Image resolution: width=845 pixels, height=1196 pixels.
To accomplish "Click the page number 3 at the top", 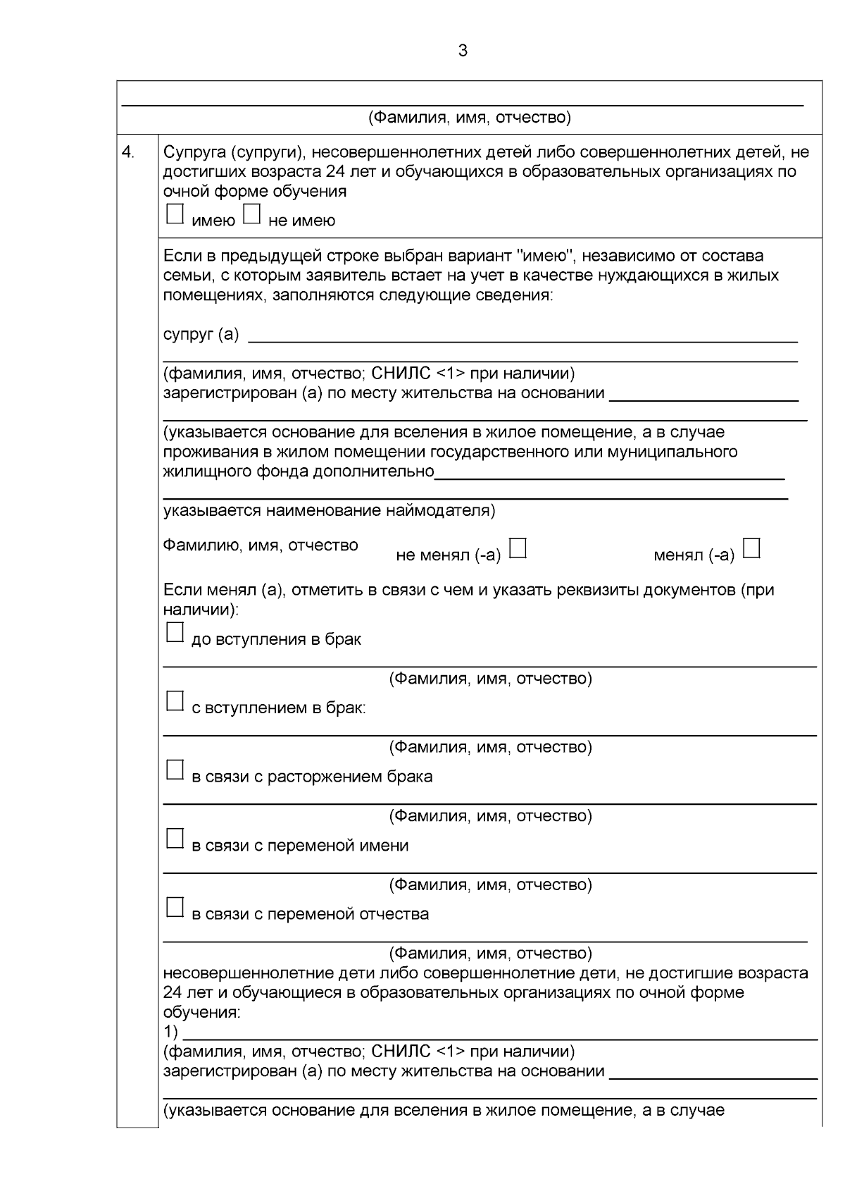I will (463, 51).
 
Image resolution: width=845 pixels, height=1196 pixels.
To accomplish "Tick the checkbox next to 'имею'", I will (175, 214).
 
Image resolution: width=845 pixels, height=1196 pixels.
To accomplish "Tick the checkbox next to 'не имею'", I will (251, 214).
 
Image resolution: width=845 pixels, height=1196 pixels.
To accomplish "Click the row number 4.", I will (128, 152).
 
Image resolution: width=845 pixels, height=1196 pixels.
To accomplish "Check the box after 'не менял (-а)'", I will (518, 548).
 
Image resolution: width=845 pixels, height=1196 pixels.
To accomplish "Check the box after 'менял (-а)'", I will (752, 548).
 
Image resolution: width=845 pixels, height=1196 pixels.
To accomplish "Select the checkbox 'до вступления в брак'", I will (175, 632).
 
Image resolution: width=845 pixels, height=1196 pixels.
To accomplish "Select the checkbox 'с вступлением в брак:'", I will (175, 701).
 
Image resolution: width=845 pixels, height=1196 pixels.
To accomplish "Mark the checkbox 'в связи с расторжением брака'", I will (175, 770).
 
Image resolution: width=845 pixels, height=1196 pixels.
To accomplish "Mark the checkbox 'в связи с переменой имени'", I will (175, 838).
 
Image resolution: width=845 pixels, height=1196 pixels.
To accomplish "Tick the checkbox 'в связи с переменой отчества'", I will (175, 907).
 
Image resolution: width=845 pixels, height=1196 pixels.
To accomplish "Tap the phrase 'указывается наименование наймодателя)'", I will (329, 510).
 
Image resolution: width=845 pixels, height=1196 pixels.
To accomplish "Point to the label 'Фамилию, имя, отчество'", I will (261, 545).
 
